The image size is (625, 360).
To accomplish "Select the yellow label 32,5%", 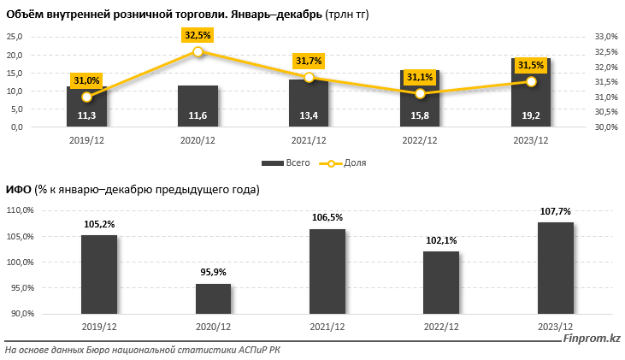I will (x=198, y=35).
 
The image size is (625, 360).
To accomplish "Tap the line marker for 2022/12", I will (x=420, y=93).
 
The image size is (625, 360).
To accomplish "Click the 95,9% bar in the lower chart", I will (x=213, y=299).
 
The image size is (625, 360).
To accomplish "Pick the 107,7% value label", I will (x=555, y=211).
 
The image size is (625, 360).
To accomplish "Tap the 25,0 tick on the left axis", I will (x=15, y=37).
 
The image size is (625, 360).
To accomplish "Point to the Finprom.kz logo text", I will (x=591, y=339).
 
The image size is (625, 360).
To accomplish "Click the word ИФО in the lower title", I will (x=19, y=189).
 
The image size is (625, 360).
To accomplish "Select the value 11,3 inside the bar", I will (x=86, y=115).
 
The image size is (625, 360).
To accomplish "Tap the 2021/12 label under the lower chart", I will (x=327, y=328).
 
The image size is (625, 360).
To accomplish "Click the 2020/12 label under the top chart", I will (x=198, y=141).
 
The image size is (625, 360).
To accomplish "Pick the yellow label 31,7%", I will (x=309, y=61).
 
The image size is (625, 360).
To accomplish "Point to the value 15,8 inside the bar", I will (x=420, y=115).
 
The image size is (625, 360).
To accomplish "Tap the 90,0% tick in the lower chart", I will (x=21, y=314).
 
